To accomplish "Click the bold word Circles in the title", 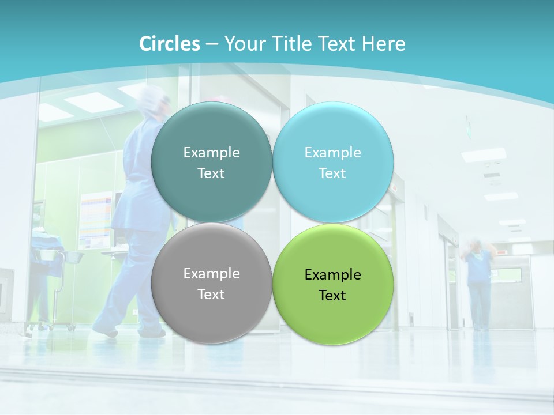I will (170, 44).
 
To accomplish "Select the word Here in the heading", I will (383, 44).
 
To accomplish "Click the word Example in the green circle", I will (332, 275).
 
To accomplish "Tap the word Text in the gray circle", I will (211, 295).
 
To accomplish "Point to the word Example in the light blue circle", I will (332, 153).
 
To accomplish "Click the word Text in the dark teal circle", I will (211, 173).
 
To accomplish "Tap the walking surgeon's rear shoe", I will (104, 331).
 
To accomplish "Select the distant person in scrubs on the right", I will (478, 282).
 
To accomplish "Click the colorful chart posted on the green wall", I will (95, 219).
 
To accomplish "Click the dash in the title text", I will (212, 44).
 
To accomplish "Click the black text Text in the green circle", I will (332, 296).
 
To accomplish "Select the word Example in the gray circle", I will (211, 274).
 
